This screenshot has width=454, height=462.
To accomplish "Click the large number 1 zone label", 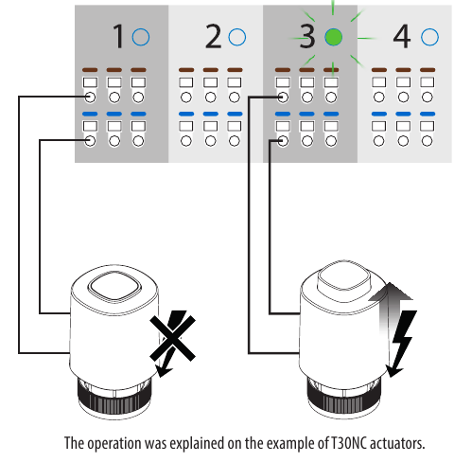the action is pos(118,37).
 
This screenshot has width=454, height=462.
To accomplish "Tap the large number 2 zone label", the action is pos(213,37).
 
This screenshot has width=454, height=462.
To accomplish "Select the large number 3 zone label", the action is pos(306,37).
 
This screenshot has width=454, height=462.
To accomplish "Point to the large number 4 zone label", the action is pos(402,37).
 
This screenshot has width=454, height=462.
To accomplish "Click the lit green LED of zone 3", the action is pos(333,37).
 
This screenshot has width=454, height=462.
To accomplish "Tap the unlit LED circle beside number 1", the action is pos(141,37).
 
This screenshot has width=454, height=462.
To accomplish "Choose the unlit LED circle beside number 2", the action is pos(236,37).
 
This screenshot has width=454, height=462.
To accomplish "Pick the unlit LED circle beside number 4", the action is pos(429,37).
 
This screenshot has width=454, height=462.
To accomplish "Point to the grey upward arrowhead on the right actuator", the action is pos(391,291).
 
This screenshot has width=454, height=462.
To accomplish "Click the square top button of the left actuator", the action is pos(114,287).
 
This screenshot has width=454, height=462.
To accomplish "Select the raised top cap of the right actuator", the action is pos(343,275).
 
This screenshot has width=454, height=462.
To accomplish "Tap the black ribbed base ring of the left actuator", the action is pos(114,399).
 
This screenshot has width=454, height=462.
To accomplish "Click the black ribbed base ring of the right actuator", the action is pos(344,399).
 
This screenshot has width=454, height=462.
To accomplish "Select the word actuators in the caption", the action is pos(397,443).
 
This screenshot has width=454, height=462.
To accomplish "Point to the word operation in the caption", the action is pos(114,444).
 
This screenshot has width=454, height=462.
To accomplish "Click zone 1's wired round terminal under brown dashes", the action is pos(90,97).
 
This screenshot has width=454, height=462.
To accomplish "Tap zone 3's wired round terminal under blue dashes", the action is pos(283,141).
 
